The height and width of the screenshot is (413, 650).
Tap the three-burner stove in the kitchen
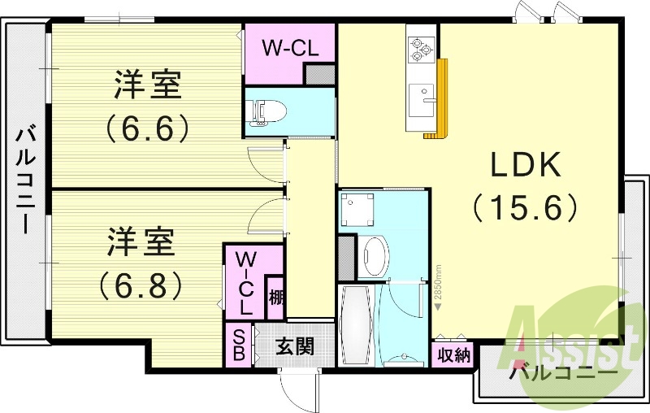[x=422, y=48]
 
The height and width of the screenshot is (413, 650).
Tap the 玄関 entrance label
[x=294, y=348]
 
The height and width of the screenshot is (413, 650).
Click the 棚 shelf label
[x=276, y=298]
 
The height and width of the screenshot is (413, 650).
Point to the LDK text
[x=526, y=166]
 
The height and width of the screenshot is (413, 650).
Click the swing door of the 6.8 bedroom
[x=264, y=213]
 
